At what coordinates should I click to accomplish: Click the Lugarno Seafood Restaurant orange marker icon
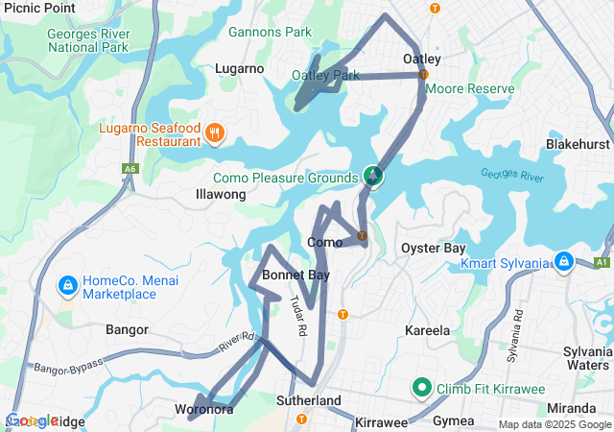pyautogui.click(x=215, y=133)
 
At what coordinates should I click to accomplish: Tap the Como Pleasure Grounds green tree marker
pyautogui.click(x=373, y=176)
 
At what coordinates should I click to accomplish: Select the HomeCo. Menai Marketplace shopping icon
pyautogui.click(x=68, y=286)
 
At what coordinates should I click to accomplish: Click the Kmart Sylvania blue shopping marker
pyautogui.click(x=564, y=261)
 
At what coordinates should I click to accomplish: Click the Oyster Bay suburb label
pyautogui.click(x=433, y=248)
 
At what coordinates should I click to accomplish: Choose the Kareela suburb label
pyautogui.click(x=427, y=330)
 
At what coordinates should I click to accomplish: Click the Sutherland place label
pyautogui.click(x=308, y=399)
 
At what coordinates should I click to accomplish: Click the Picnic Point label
pyautogui.click(x=38, y=8)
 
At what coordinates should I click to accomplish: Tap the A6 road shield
pyautogui.click(x=130, y=170)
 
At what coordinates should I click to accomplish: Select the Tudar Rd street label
pyautogui.click(x=297, y=315)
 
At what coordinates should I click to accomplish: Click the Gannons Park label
pyautogui.click(x=270, y=32)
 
